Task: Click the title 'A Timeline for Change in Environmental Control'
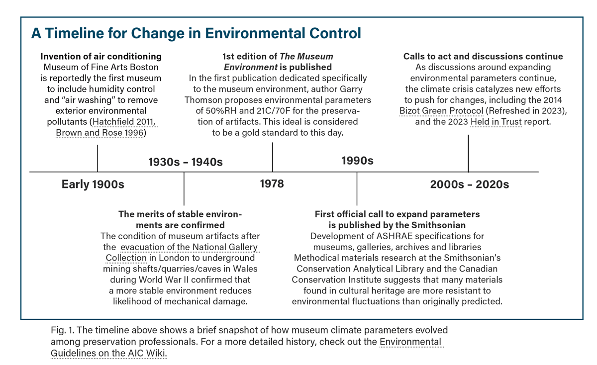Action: click(196, 33)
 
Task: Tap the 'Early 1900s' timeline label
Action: click(93, 184)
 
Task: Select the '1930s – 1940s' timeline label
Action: click(186, 162)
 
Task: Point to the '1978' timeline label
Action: click(272, 184)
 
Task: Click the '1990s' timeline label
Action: click(357, 161)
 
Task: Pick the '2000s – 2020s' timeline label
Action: click(469, 184)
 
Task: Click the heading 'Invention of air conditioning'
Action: click(101, 56)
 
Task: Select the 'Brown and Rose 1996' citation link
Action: click(101, 133)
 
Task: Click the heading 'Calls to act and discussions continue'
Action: click(483, 56)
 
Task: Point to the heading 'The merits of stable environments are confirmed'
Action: click(180, 220)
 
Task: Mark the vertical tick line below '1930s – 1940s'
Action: click(184, 188)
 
